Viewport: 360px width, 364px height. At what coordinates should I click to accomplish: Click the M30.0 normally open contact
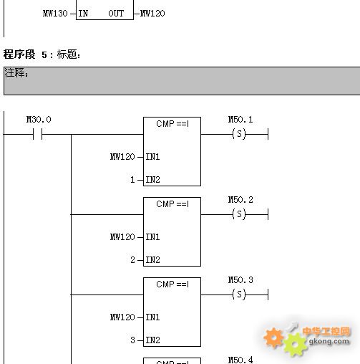[38, 134]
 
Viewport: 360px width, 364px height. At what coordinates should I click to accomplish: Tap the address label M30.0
[39, 120]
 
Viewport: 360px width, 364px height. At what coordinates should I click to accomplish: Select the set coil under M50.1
[239, 134]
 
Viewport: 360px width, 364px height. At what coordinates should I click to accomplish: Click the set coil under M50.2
[239, 214]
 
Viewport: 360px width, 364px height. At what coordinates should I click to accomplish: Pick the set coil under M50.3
[239, 294]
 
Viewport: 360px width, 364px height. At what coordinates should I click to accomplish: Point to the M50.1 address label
[240, 120]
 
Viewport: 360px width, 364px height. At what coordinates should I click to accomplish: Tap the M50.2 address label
[240, 200]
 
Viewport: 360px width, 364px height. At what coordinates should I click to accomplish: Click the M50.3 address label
[240, 280]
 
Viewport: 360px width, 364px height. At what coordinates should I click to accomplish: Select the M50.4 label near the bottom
[240, 360]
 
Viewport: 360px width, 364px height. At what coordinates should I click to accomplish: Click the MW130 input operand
[55, 14]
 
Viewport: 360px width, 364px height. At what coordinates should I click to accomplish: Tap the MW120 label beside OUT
[152, 14]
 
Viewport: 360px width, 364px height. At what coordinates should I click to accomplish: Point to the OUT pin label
[116, 14]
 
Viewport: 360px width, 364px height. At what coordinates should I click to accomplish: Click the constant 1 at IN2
[132, 180]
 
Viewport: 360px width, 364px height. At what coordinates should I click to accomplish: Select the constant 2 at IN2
[132, 260]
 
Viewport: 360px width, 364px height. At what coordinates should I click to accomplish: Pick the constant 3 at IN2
[132, 340]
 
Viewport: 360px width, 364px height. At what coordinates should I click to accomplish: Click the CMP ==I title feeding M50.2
[172, 204]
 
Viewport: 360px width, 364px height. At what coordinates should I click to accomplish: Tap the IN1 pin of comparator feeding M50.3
[152, 317]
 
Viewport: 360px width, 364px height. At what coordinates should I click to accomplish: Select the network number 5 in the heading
[44, 54]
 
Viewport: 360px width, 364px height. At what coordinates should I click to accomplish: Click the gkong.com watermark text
[329, 341]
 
